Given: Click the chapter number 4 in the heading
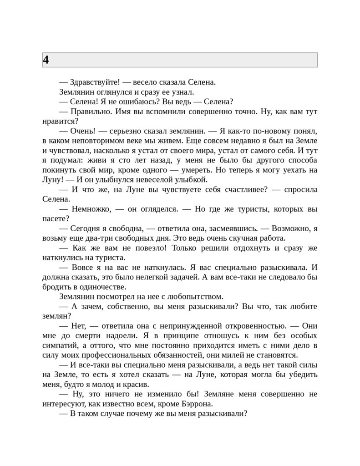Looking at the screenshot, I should (46, 60).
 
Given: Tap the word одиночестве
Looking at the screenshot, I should (101, 287).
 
